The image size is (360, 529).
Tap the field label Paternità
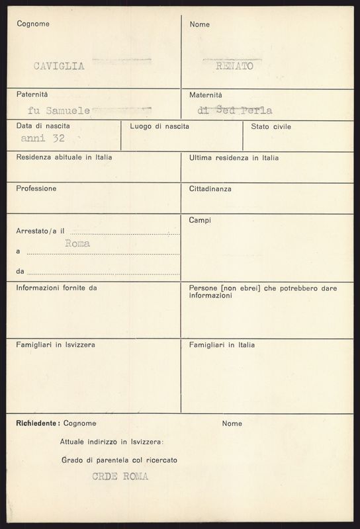point(32,95)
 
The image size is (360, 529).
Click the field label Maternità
point(206,95)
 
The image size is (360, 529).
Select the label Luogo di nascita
point(159,126)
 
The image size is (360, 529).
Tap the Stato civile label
point(271,126)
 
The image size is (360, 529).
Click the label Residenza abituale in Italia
point(64,158)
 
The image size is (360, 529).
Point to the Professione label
point(36,188)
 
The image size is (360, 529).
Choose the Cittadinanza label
point(210,188)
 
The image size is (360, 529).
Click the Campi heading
point(200,220)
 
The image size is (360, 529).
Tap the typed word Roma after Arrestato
point(77,243)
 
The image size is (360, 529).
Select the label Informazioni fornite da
point(57,288)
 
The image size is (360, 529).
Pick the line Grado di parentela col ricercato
point(118,460)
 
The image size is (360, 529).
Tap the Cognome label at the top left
point(33,24)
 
